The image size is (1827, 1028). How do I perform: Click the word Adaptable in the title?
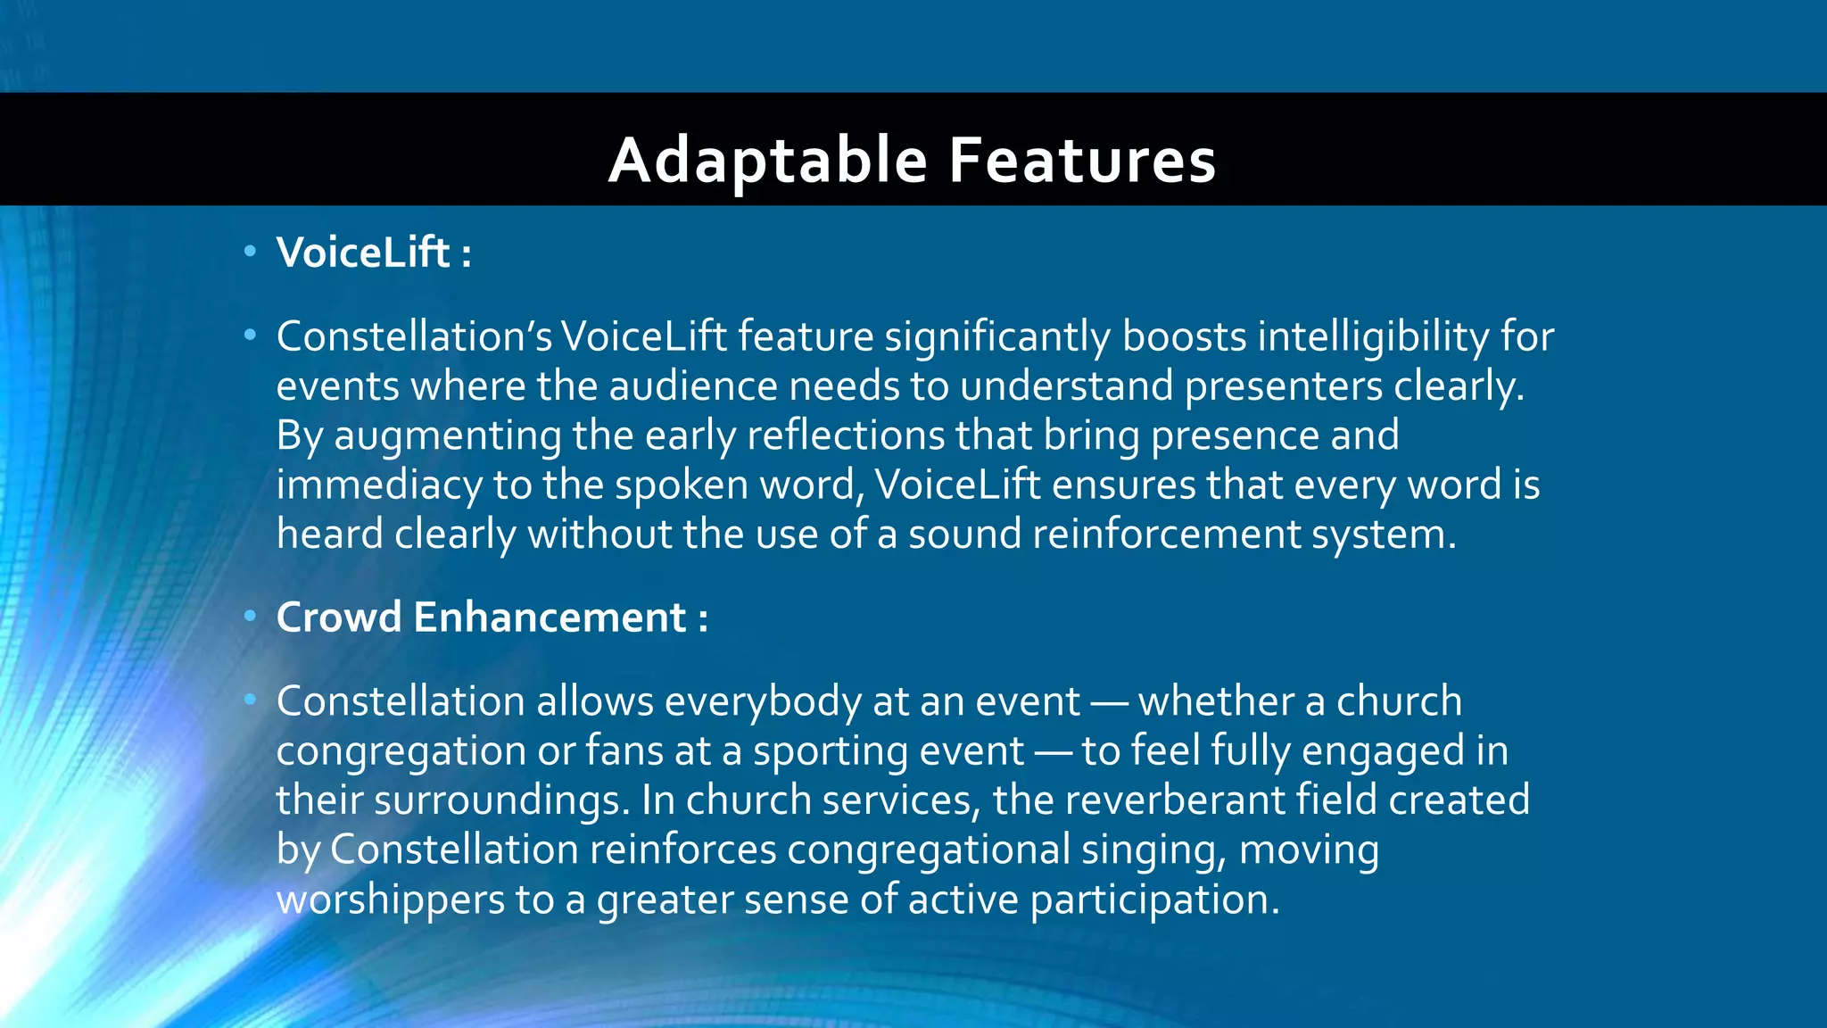click(768, 161)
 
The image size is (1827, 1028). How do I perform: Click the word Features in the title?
click(1082, 161)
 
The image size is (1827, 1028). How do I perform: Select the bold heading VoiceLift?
click(362, 253)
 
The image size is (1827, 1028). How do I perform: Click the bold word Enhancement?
click(550, 618)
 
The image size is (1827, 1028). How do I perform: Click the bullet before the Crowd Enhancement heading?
click(251, 616)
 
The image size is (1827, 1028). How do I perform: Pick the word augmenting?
click(448, 436)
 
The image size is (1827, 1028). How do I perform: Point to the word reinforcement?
click(1166, 535)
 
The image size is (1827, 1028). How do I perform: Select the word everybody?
click(763, 702)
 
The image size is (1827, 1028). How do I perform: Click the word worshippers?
click(391, 899)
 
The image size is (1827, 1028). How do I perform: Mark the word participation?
click(1154, 899)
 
